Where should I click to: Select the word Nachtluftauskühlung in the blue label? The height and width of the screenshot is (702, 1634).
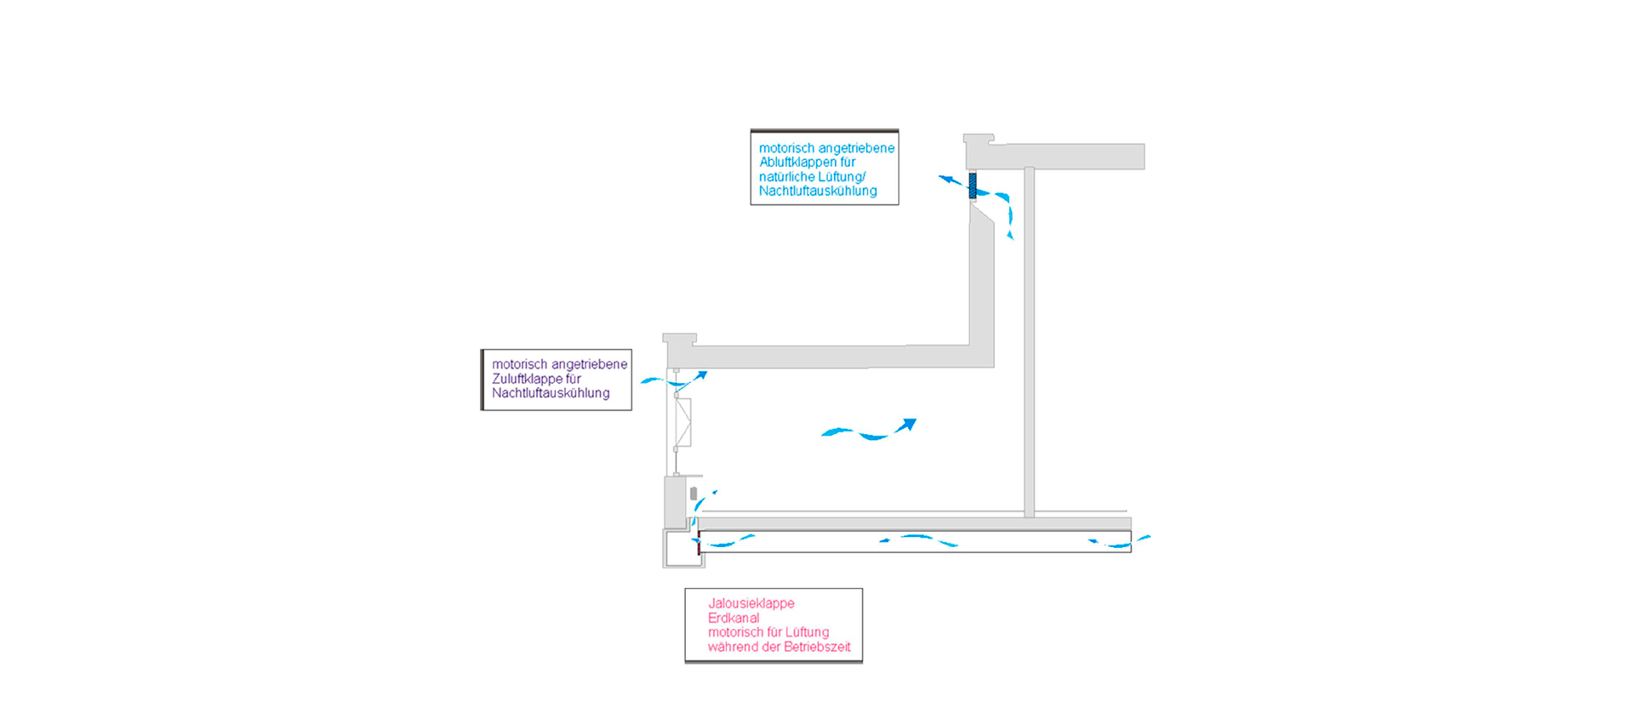[817, 191]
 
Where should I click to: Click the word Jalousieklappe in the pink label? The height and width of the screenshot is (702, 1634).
[751, 603]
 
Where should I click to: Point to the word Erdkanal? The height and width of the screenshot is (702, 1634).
[733, 618]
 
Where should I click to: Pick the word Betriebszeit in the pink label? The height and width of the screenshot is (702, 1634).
[816, 647]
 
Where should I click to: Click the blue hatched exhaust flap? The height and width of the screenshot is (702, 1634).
[973, 185]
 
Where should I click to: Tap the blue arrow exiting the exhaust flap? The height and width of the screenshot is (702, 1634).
[950, 180]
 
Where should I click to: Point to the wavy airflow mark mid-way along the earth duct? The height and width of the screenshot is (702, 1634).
[918, 539]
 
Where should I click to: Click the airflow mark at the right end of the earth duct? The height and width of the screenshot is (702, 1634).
[1118, 541]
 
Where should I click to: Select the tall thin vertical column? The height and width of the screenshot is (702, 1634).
[1029, 340]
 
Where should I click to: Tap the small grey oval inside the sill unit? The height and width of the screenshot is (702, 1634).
[694, 494]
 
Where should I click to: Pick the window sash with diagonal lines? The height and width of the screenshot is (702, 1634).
[683, 422]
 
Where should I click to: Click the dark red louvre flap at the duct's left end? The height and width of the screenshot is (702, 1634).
[699, 543]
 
